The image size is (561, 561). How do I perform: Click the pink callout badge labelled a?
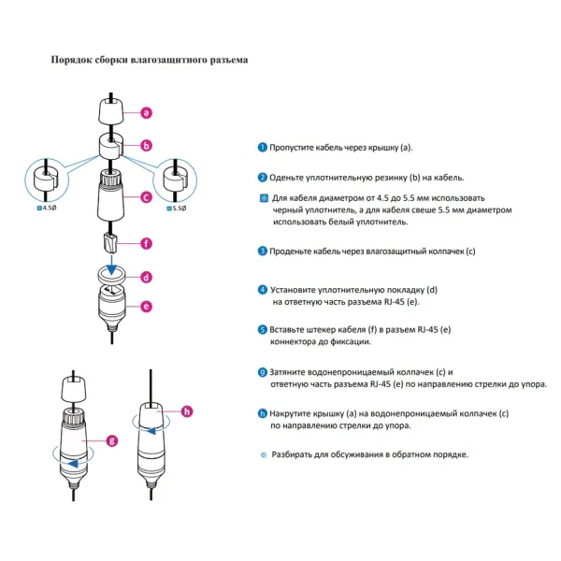[x=147, y=113]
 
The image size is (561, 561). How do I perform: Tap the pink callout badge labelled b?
[x=147, y=145]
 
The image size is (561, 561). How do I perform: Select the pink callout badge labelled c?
[x=147, y=197]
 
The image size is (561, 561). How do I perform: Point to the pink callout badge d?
[x=147, y=277]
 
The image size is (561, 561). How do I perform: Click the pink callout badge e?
[x=147, y=306]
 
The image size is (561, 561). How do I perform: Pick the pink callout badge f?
[x=147, y=244]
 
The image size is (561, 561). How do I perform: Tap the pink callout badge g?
[x=113, y=439]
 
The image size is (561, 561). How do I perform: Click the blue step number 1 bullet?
[x=263, y=148]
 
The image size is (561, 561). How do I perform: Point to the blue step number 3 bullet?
[x=263, y=251]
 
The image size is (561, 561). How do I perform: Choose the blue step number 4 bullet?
[x=263, y=290]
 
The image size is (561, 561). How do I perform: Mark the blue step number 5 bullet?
[x=263, y=329]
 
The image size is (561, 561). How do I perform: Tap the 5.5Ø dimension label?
[x=178, y=209]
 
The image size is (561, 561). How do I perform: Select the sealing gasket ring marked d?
[x=111, y=275]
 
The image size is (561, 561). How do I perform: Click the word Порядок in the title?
[x=71, y=60]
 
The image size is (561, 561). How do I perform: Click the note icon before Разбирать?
[x=263, y=454]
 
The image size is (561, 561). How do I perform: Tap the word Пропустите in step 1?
[x=293, y=148]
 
